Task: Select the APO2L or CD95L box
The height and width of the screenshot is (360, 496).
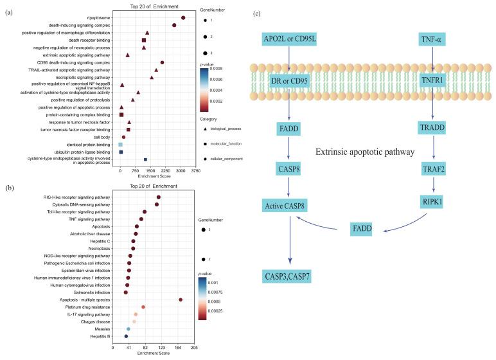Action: click(290, 40)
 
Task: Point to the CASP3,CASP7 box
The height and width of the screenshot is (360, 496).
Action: click(293, 276)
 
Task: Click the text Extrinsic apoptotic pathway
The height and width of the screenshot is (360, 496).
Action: click(365, 152)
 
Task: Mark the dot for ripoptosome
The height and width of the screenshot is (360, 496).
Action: click(183, 18)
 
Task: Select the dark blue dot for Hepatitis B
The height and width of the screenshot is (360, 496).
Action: click(126, 336)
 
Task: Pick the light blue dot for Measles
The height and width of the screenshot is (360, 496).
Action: click(128, 328)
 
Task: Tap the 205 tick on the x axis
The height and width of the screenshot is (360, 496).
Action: click(194, 348)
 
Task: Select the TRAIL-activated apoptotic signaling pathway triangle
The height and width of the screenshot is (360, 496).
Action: click(156, 70)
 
